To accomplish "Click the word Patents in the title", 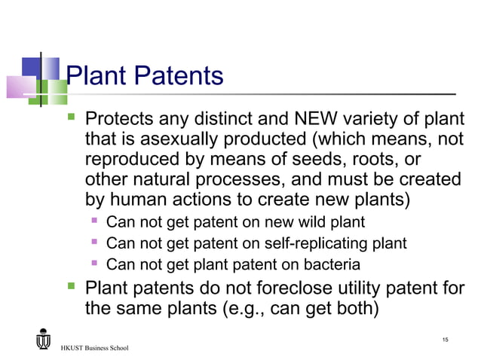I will click(178, 75).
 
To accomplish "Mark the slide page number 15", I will click(445, 341).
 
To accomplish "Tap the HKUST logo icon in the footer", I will click(44, 340).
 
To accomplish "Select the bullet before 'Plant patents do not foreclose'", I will click(72, 287).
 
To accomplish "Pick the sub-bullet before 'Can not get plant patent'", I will click(96, 264).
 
